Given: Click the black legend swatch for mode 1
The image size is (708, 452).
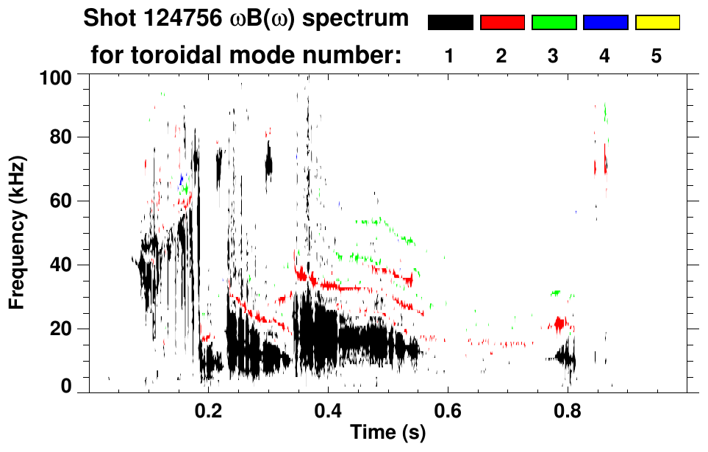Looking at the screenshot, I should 450,23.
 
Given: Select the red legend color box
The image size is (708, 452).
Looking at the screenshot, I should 502,23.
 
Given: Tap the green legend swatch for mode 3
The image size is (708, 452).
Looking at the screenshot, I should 554,23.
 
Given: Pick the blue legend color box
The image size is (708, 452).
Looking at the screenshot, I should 605,23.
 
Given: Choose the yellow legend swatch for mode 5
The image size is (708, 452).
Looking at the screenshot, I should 657,23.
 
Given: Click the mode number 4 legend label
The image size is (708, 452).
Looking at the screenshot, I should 605,56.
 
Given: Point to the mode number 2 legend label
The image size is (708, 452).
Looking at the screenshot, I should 502,56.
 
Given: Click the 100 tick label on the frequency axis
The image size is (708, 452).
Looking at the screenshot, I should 55,76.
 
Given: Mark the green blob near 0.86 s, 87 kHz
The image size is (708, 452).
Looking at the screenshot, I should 605,112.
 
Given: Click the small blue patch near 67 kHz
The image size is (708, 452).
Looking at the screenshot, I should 181,179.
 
